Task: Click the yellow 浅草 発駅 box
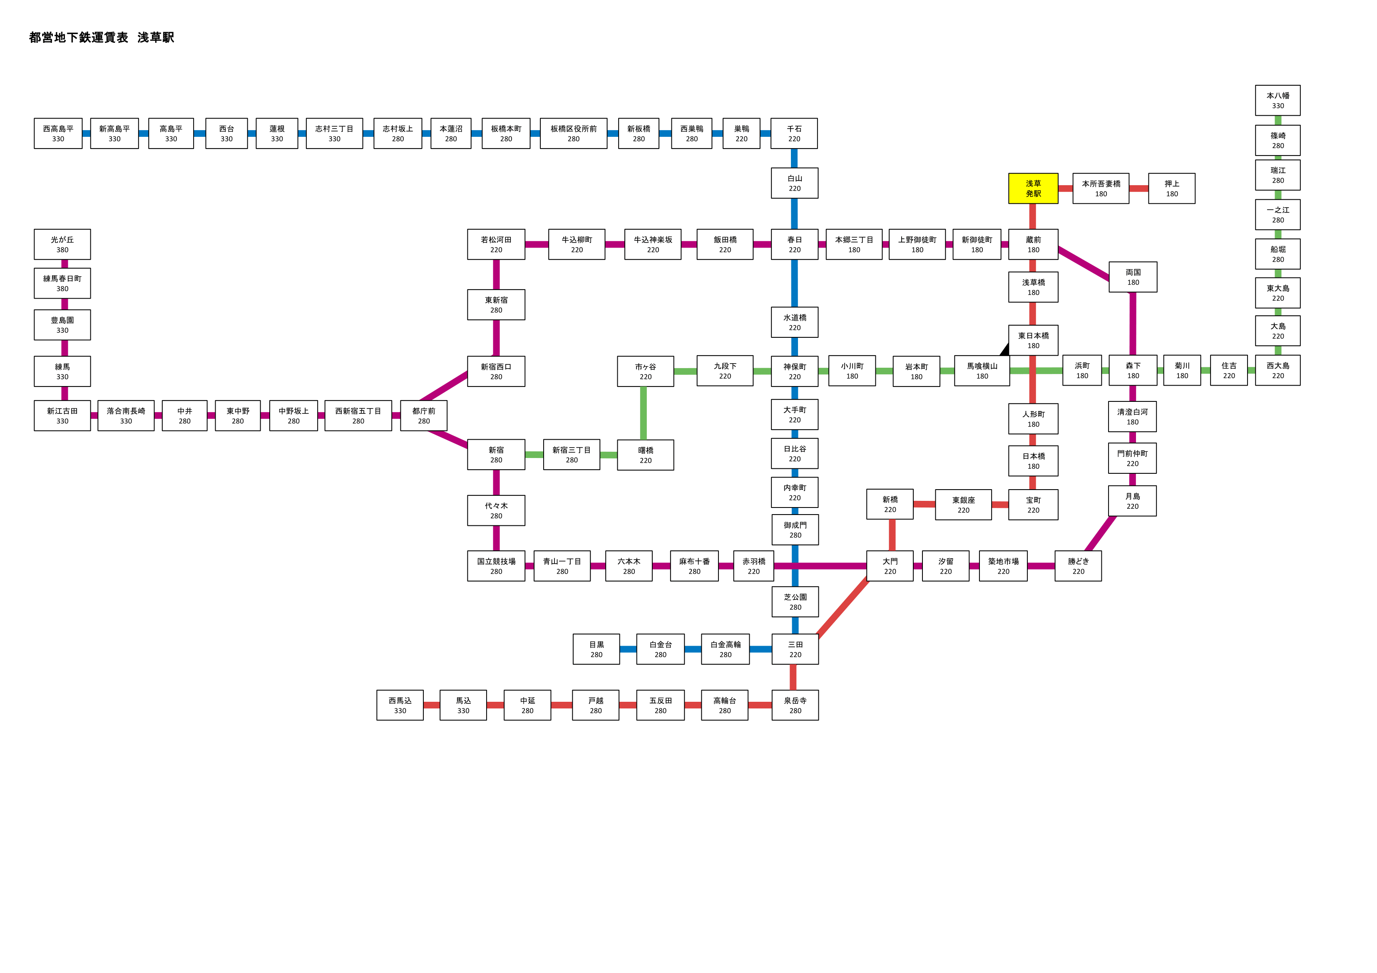(1033, 188)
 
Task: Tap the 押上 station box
(1171, 188)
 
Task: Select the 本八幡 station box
(1278, 100)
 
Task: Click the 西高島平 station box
(58, 133)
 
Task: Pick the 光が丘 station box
(62, 244)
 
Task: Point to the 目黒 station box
(596, 649)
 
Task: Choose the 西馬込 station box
(400, 705)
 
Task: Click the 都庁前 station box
(423, 416)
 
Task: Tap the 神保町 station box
(795, 371)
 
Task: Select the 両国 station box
(1133, 277)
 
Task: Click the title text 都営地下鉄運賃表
(79, 37)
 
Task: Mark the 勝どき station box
(1078, 566)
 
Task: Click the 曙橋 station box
(645, 455)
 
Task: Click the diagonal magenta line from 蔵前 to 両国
(1084, 264)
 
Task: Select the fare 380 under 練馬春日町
(62, 288)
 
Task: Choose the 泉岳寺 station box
(795, 705)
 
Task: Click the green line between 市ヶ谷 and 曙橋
(644, 413)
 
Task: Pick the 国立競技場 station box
(496, 566)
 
